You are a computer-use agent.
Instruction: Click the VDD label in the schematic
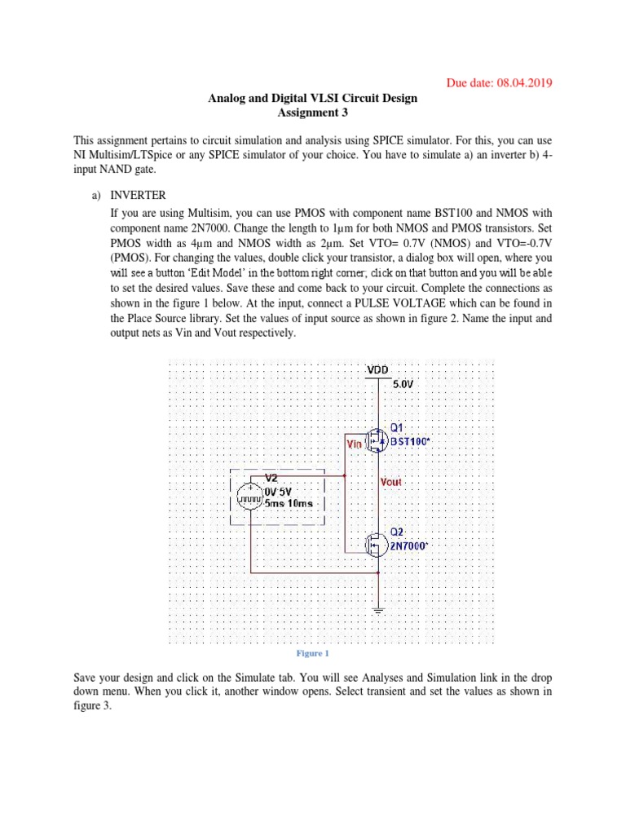(x=377, y=369)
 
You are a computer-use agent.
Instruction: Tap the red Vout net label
(x=392, y=481)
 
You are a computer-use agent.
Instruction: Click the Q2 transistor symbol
(x=377, y=544)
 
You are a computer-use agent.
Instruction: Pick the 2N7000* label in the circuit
(x=410, y=546)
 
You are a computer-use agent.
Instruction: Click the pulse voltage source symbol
(x=249, y=497)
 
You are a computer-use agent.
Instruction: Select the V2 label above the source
(x=272, y=477)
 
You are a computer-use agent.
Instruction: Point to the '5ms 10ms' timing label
(x=289, y=503)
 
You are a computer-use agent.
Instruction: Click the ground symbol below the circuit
(x=377, y=607)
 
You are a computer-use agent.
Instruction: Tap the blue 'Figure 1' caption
(x=312, y=653)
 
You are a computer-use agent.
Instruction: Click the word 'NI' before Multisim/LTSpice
(x=80, y=154)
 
